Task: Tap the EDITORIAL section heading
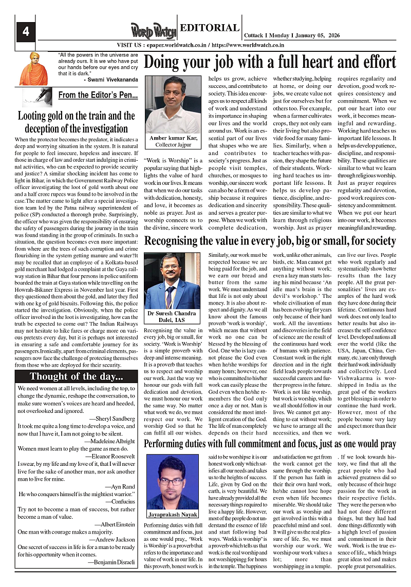(x=210, y=28)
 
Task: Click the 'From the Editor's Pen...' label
(x=98, y=95)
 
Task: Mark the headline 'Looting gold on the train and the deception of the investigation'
(x=77, y=122)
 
